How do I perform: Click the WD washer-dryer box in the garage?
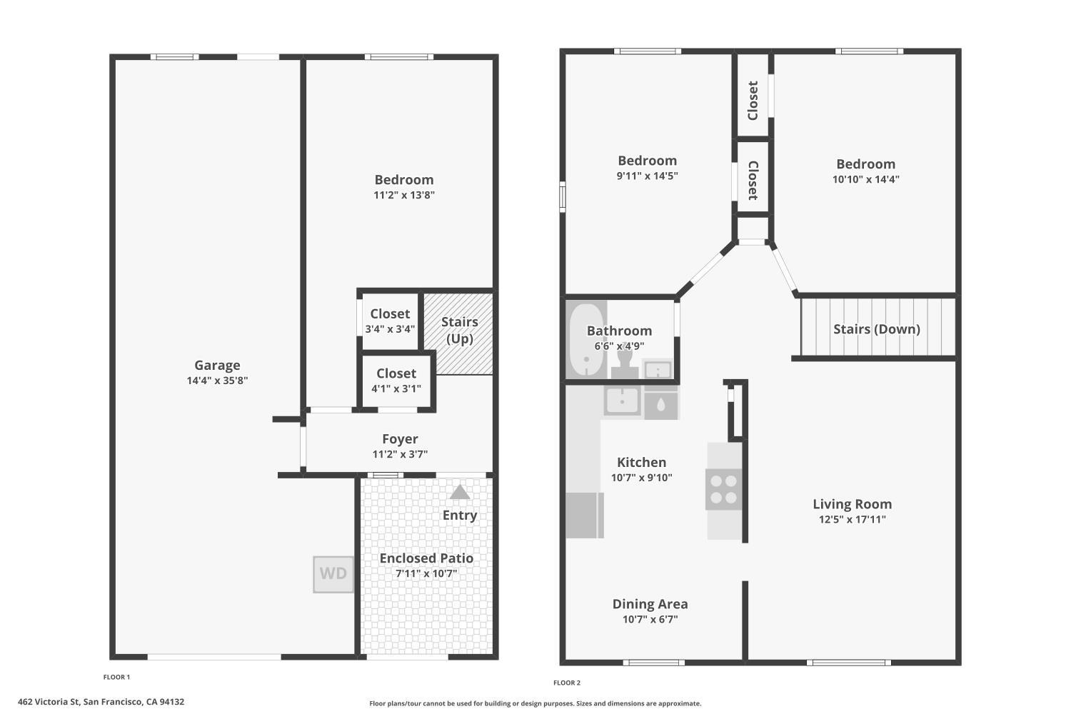[333, 574]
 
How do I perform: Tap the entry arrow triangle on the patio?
[460, 493]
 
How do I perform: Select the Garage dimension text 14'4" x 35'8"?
[217, 381]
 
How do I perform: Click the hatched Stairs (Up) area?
[458, 334]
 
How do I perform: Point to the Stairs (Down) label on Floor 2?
[876, 329]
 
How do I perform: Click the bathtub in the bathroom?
[586, 340]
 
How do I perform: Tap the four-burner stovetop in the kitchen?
[723, 489]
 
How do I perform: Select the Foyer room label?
[400, 438]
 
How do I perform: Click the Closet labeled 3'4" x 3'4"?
[390, 321]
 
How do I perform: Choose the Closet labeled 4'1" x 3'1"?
[396, 380]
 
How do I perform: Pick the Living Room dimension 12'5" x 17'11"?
[852, 519]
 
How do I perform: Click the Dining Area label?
[650, 604]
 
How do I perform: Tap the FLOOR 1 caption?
[116, 677]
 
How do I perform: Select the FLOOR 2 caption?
[567, 683]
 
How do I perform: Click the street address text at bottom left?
[101, 702]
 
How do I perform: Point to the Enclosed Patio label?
[426, 558]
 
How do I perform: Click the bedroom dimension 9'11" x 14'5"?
[647, 176]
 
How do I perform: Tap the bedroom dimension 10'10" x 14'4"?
[866, 179]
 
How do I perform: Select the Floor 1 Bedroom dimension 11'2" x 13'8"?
[404, 195]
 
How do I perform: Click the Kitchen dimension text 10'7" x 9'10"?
[642, 477]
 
